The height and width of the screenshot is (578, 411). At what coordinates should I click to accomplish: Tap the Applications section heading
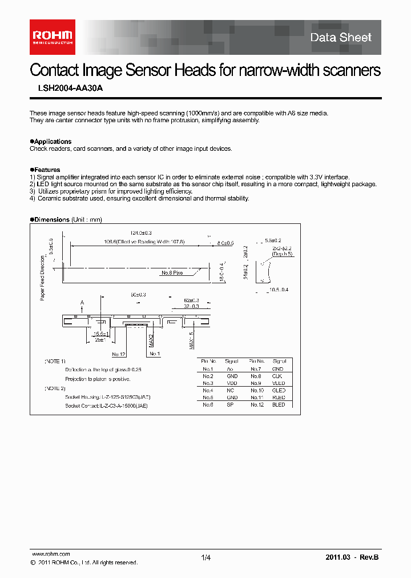pyautogui.click(x=51, y=142)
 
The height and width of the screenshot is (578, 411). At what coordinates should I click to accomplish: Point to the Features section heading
pyautogui.click(x=46, y=170)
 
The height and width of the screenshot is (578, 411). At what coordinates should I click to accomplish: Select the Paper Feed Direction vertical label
pyautogui.click(x=42, y=277)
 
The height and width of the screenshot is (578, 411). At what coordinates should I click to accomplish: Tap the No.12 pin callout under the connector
pyautogui.click(x=119, y=354)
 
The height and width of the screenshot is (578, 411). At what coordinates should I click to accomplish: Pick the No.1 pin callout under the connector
pyautogui.click(x=155, y=354)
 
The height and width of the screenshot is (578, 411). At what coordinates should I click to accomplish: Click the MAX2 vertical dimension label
pyautogui.click(x=151, y=340)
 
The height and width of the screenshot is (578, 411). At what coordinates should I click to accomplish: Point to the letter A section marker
pyautogui.click(x=82, y=302)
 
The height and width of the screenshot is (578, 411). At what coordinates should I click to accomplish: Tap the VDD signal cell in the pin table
pyautogui.click(x=232, y=383)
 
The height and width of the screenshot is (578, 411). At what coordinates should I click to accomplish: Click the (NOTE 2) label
pyautogui.click(x=55, y=388)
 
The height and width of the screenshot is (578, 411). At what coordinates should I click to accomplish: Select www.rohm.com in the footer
pyautogui.click(x=50, y=554)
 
